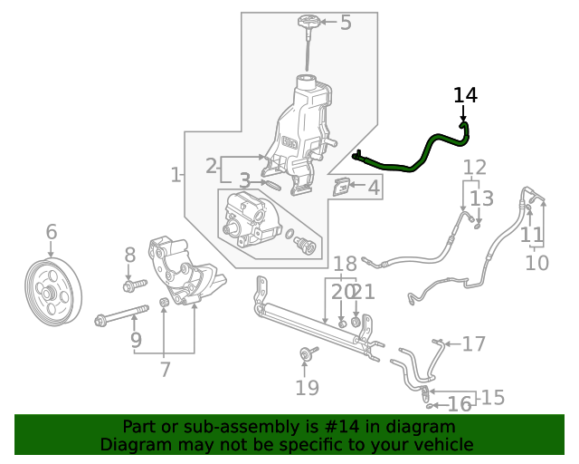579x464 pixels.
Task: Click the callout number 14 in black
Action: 465,95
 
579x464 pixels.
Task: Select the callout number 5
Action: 345,23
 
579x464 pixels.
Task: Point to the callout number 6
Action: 51,232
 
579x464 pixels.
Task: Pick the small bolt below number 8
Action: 131,286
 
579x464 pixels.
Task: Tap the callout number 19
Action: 307,388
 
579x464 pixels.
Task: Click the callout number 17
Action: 474,344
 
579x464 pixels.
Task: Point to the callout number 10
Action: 536,263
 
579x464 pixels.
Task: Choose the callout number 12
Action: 474,167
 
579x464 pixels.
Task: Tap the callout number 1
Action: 176,174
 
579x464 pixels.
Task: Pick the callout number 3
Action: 244,181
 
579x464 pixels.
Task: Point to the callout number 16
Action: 460,404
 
